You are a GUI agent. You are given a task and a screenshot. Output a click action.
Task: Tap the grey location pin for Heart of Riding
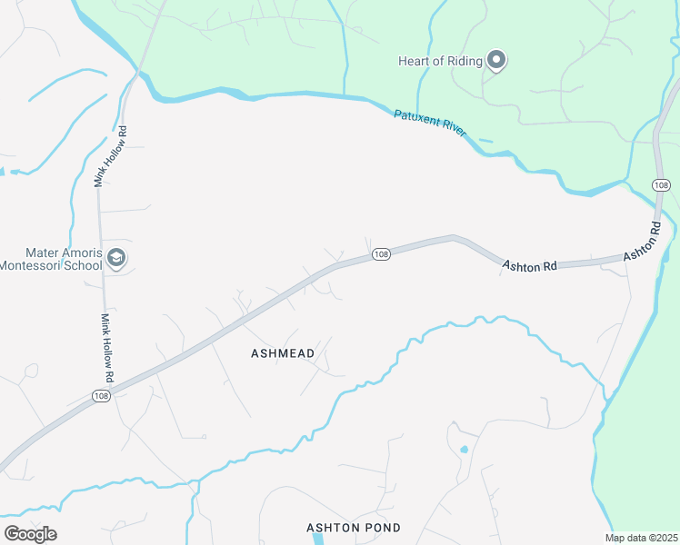click(x=496, y=61)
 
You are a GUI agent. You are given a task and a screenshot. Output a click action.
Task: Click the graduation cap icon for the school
click(x=115, y=259)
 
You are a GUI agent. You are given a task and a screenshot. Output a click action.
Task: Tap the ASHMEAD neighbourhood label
click(x=282, y=353)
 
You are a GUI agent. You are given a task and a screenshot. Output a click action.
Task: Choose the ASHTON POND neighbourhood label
click(x=353, y=528)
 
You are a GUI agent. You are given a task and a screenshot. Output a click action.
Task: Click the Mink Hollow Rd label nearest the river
click(x=110, y=156)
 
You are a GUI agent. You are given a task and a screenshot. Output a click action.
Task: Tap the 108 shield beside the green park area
click(x=661, y=185)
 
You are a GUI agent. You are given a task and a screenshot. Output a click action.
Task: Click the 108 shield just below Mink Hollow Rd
click(x=101, y=395)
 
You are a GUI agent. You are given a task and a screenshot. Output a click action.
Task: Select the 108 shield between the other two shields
click(x=381, y=254)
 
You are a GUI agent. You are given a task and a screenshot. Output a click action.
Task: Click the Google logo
click(x=30, y=533)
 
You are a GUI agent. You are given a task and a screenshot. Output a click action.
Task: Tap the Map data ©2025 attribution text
click(x=640, y=538)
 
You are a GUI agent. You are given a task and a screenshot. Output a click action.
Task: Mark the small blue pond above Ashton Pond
click(x=464, y=449)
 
